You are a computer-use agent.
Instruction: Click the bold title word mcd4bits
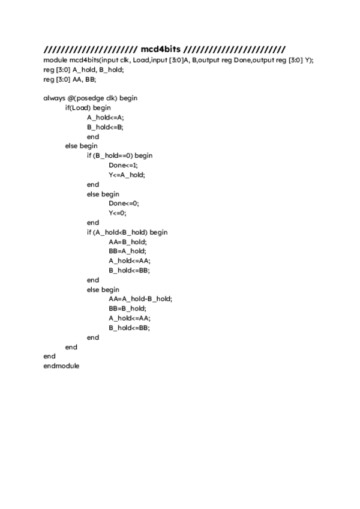pyautogui.click(x=160, y=49)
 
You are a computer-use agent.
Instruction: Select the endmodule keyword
pyautogui.click(x=61, y=366)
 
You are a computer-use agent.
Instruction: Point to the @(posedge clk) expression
pyautogui.click(x=95, y=98)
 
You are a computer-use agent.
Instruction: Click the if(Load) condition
pyautogui.click(x=79, y=107)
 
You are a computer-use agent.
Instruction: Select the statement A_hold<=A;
pyautogui.click(x=105, y=117)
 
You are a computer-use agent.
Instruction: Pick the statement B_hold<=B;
pyautogui.click(x=105, y=127)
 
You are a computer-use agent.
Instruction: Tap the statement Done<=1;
pyautogui.click(x=123, y=165)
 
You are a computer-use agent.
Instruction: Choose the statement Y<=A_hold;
pyautogui.click(x=127, y=175)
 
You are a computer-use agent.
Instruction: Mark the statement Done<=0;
pyautogui.click(x=124, y=203)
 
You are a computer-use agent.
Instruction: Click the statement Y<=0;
pyautogui.click(x=118, y=213)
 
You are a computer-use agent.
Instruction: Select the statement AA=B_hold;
pyautogui.click(x=127, y=241)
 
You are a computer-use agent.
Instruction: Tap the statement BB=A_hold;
pyautogui.click(x=127, y=251)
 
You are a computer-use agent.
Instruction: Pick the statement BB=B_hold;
pyautogui.click(x=127, y=309)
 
